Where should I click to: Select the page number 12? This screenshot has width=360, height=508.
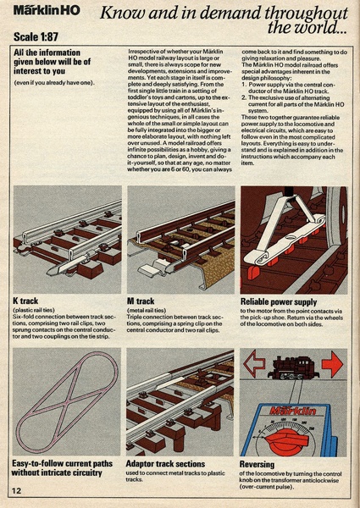coord(17,491)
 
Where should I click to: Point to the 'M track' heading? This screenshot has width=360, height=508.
coord(141,301)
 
